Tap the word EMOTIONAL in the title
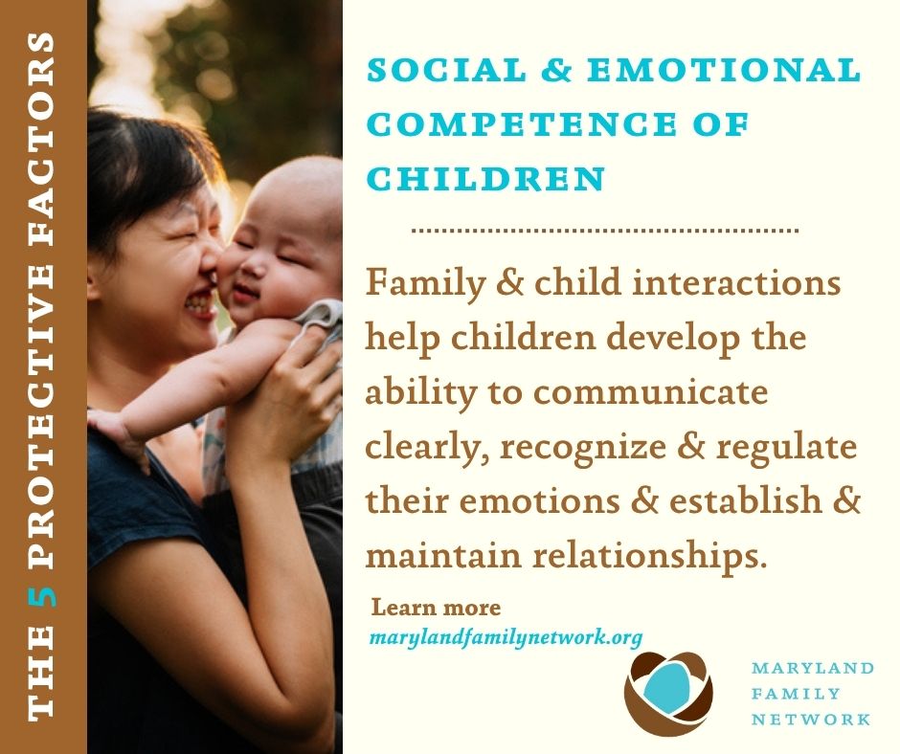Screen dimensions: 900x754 pyautogui.click(x=724, y=70)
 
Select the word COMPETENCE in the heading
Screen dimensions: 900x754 pyautogui.click(x=521, y=124)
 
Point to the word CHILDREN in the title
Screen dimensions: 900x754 pyautogui.click(x=485, y=179)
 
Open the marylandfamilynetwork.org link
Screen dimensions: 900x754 pyautogui.click(x=506, y=637)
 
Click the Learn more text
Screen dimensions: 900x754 pyautogui.click(x=437, y=607)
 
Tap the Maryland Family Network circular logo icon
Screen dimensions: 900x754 pyautogui.click(x=668, y=693)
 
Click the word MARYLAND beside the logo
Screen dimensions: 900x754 pyautogui.click(x=813, y=668)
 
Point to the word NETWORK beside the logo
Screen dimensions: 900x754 pyautogui.click(x=811, y=720)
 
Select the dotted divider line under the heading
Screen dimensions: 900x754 pyautogui.click(x=605, y=231)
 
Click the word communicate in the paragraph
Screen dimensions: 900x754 pyautogui.click(x=650, y=392)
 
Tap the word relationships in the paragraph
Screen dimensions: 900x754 pyautogui.click(x=650, y=557)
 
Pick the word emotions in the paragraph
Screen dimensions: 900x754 pyautogui.click(x=540, y=501)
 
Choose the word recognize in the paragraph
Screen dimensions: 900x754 pyautogui.click(x=583, y=449)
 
